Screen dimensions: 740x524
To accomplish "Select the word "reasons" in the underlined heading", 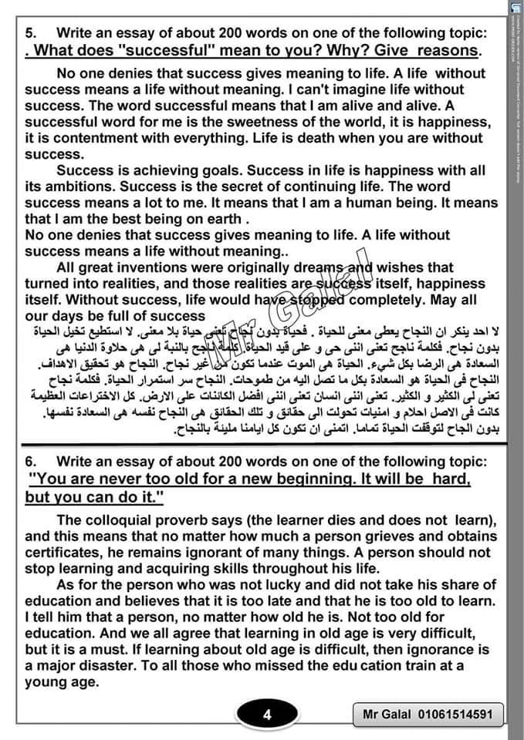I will (445, 51).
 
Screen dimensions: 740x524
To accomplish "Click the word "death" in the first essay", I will (294, 139).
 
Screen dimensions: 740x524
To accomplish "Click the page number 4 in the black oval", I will (267, 715).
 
